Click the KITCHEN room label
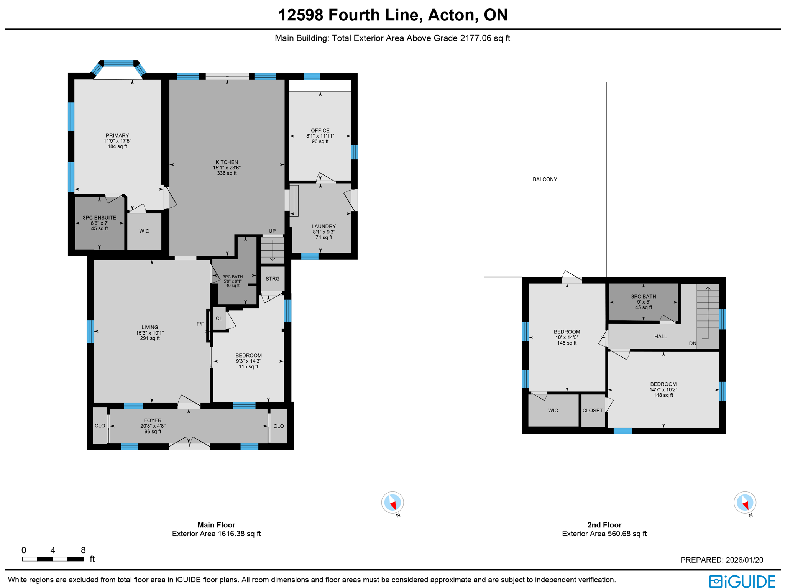coord(227,163)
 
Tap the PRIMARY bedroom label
coord(117,136)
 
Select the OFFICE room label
coord(320,131)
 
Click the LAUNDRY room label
coord(324,227)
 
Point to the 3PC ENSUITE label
coord(99,218)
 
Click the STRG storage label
coord(273,279)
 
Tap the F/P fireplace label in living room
coord(200,324)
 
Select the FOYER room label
coord(153,420)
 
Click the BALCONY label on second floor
coord(545,179)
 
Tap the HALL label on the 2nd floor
coord(660,337)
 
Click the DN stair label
coord(692,343)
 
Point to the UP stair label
coord(272,231)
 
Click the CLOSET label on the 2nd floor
coord(593,411)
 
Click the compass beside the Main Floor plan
coord(392,503)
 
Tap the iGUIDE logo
coord(742,581)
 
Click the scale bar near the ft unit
coord(53,559)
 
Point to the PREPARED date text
coord(721,560)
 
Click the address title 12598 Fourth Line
coord(392,15)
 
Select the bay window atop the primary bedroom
coord(118,64)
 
